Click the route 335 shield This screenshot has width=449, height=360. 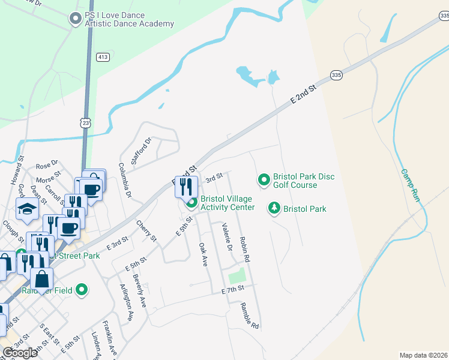(x=336, y=75)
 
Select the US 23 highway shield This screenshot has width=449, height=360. (x=87, y=122)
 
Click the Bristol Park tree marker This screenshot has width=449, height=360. (x=274, y=208)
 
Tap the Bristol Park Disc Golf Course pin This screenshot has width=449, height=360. (x=264, y=179)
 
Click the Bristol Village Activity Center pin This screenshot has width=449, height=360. (x=191, y=203)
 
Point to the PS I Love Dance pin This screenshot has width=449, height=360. (x=76, y=19)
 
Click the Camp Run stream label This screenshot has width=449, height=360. (x=409, y=184)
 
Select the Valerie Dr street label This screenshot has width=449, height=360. (x=227, y=236)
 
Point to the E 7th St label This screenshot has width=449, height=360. (x=233, y=289)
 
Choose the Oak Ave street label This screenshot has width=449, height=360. (x=203, y=255)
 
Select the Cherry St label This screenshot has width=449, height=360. (x=146, y=231)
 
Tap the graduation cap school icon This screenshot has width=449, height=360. (x=28, y=209)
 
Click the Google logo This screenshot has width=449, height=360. (x=20, y=353)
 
